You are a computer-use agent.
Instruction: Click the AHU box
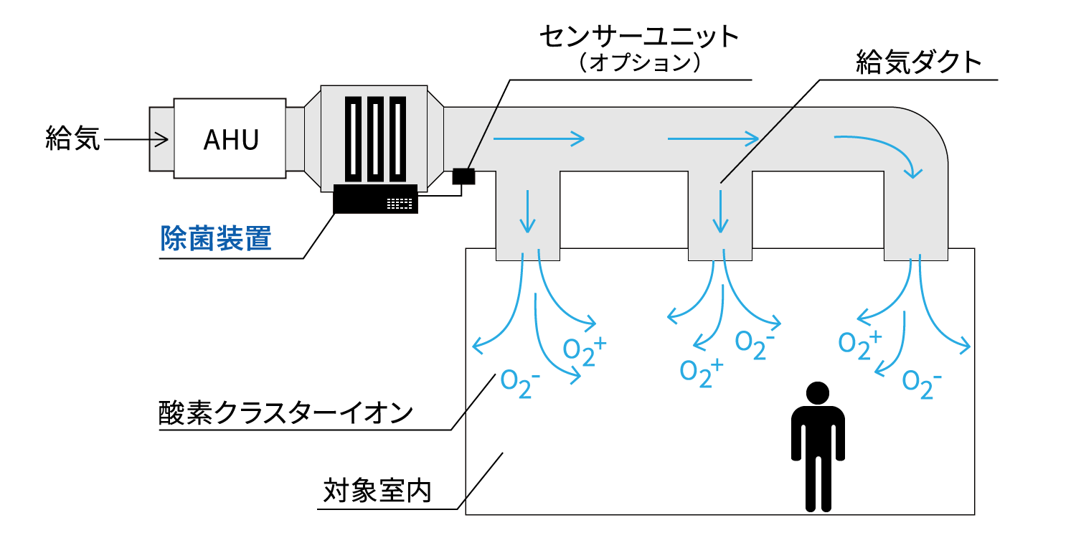(x=230, y=138)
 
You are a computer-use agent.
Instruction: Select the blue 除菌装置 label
(x=216, y=237)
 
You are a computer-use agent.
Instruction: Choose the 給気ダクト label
(x=919, y=64)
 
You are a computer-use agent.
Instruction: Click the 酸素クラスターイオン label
(x=285, y=412)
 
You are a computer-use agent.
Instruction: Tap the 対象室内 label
(x=377, y=491)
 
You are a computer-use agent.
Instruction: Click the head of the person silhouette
(x=818, y=393)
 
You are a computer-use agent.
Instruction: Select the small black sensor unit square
(x=465, y=175)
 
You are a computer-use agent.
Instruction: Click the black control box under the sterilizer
(x=375, y=199)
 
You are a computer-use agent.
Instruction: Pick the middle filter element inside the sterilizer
(x=376, y=139)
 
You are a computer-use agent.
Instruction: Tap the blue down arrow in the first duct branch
(x=528, y=211)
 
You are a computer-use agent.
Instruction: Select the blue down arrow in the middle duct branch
(x=720, y=211)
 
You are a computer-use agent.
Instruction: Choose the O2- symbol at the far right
(x=921, y=382)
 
